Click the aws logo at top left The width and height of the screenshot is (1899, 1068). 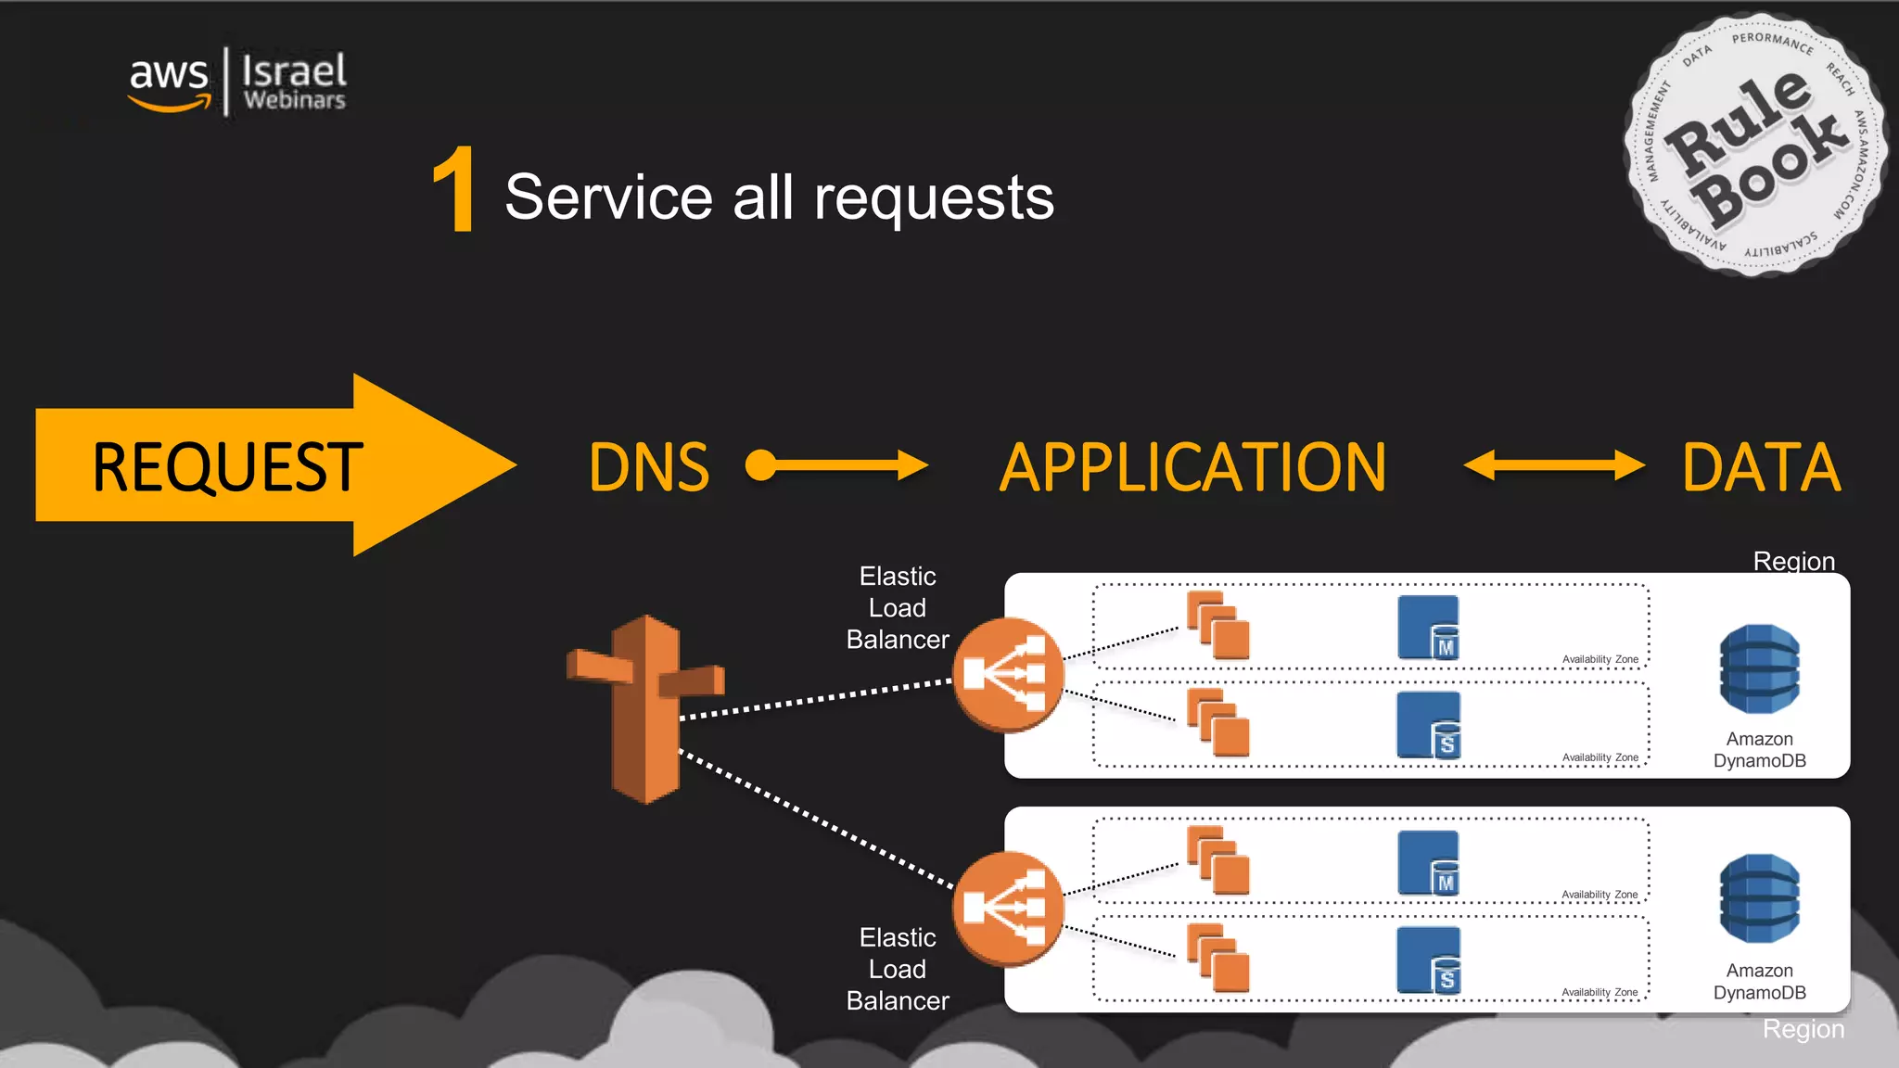click(169, 82)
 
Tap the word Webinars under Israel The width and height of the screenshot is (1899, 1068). click(294, 100)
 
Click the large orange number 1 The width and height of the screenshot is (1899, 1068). click(454, 191)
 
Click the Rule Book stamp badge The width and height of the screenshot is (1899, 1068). click(1754, 146)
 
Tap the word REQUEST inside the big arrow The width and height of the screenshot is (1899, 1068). click(226, 466)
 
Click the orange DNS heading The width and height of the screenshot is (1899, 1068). click(649, 467)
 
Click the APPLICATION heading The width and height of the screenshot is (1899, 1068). click(1192, 467)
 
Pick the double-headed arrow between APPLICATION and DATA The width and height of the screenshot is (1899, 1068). click(1554, 465)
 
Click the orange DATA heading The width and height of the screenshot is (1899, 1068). click(1761, 467)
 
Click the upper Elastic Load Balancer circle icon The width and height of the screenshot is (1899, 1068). click(1008, 674)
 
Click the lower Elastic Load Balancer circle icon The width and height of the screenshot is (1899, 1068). click(1008, 909)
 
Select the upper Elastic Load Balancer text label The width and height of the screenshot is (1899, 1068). click(897, 608)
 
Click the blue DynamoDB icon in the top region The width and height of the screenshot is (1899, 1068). click(1759, 669)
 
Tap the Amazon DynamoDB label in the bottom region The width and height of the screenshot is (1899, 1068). click(1759, 982)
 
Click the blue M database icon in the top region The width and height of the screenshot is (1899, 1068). click(1428, 628)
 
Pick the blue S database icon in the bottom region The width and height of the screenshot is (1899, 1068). click(1428, 960)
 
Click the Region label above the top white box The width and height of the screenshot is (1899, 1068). click(1793, 561)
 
